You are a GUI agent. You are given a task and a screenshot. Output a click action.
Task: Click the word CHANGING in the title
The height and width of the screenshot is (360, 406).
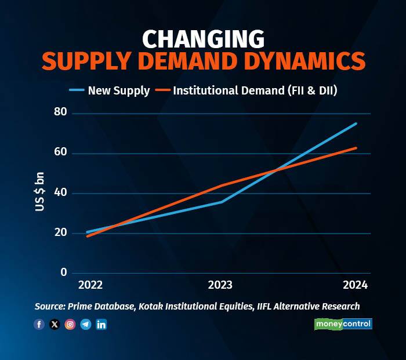click(x=203, y=39)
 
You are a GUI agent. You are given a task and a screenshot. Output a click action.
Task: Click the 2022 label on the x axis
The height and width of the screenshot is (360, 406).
click(x=90, y=286)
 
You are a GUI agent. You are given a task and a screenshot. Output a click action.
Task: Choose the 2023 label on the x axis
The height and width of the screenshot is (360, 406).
click(x=220, y=286)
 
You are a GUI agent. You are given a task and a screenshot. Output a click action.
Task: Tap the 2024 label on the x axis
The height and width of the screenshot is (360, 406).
click(x=355, y=286)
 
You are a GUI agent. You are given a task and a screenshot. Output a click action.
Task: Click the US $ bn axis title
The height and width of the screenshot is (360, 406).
click(x=40, y=192)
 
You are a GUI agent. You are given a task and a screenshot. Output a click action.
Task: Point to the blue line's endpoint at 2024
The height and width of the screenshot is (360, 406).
click(x=356, y=123)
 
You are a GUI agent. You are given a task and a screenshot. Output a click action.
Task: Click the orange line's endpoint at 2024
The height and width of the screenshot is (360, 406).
click(x=356, y=148)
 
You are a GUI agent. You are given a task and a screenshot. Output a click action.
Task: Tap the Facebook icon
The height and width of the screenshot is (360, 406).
click(x=39, y=325)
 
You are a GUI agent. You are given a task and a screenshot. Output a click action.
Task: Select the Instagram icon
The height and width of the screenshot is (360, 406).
click(x=70, y=325)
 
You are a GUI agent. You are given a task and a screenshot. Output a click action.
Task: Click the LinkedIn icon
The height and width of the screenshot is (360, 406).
click(x=101, y=325)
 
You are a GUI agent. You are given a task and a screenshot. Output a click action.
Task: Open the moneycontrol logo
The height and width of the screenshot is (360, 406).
click(x=343, y=324)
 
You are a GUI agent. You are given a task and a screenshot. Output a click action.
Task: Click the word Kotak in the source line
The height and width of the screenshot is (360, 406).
click(x=153, y=306)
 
